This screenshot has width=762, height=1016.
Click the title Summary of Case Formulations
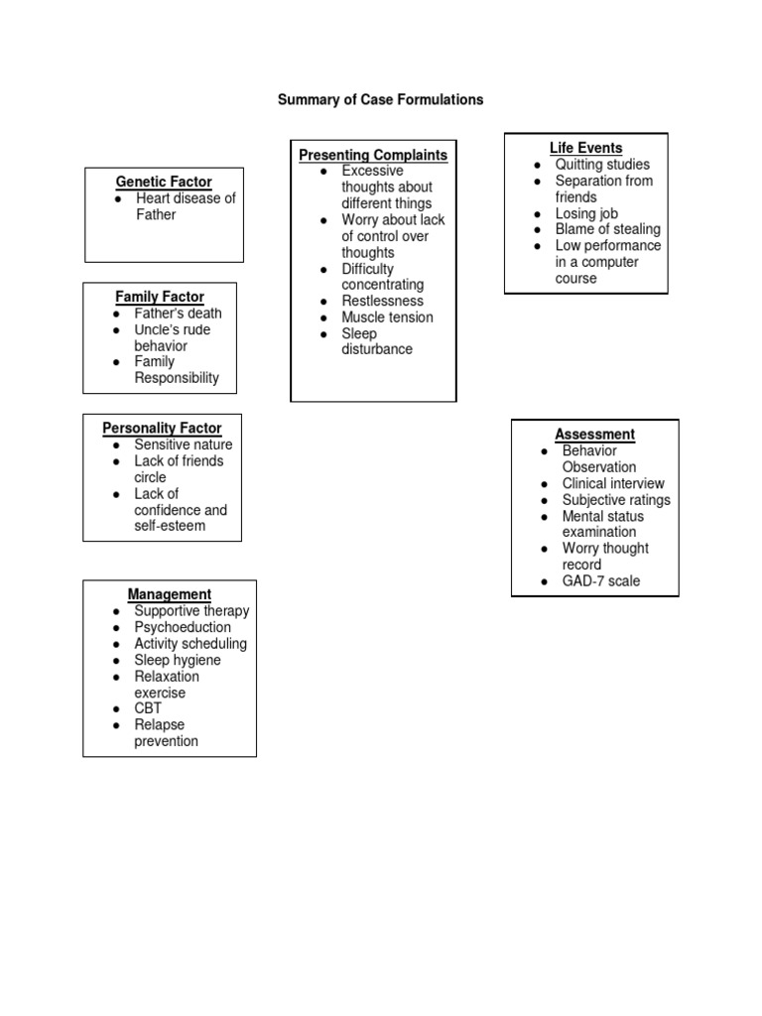pyautogui.click(x=380, y=100)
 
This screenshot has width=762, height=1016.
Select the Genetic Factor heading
pyautogui.click(x=164, y=182)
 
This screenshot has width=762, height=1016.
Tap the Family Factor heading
pyautogui.click(x=160, y=297)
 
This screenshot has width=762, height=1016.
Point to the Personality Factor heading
pyautogui.click(x=162, y=429)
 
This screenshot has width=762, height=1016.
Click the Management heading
pyautogui.click(x=169, y=595)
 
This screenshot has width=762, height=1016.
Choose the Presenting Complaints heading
pyautogui.click(x=373, y=155)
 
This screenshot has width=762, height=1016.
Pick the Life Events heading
pyautogui.click(x=585, y=148)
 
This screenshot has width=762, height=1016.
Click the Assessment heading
pyautogui.click(x=594, y=435)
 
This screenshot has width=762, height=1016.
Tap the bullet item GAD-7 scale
pyautogui.click(x=601, y=581)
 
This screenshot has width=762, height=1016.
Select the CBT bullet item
pyautogui.click(x=148, y=709)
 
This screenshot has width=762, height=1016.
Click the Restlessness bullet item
pyautogui.click(x=382, y=302)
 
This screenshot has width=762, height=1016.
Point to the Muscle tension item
pyautogui.click(x=387, y=317)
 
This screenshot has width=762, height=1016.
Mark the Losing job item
pyautogui.click(x=586, y=213)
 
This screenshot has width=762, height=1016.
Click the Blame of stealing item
pyautogui.click(x=607, y=229)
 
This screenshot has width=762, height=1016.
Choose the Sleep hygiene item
pyautogui.click(x=178, y=661)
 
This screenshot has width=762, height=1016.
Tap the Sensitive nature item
pyautogui.click(x=184, y=444)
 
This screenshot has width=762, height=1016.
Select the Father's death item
pyautogui.click(x=179, y=314)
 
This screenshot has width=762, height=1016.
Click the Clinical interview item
pyautogui.click(x=613, y=484)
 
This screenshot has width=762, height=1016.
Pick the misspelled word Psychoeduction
pyautogui.click(x=183, y=628)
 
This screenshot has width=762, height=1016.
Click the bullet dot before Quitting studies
pyautogui.click(x=537, y=165)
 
